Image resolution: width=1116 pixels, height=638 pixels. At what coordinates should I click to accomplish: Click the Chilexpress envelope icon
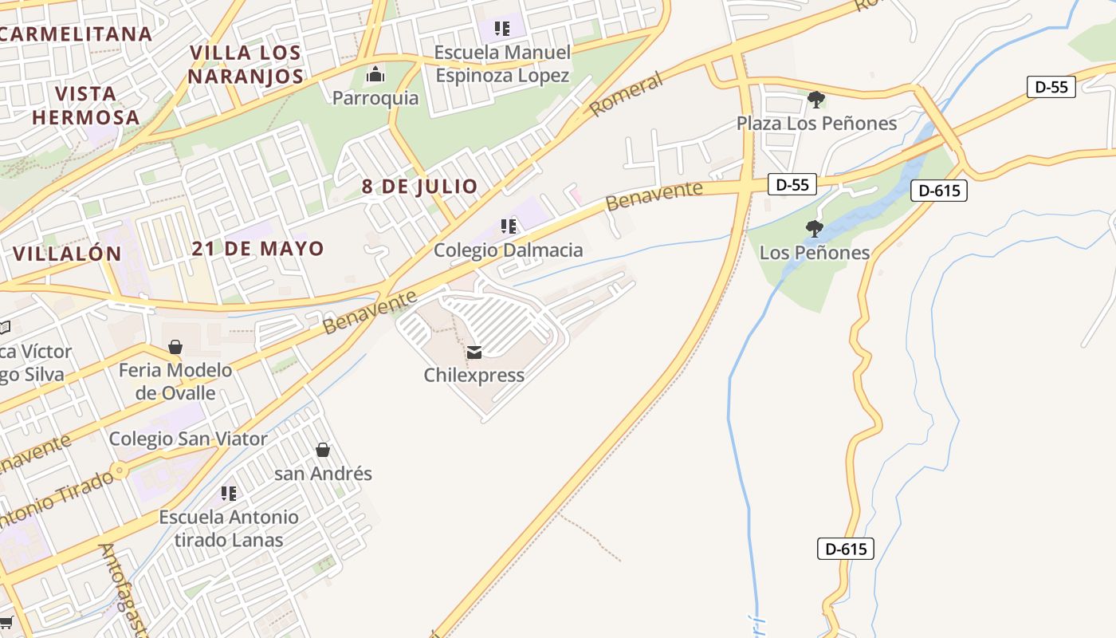[x=474, y=352]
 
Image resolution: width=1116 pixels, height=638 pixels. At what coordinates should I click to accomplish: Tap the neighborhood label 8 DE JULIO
[x=419, y=187]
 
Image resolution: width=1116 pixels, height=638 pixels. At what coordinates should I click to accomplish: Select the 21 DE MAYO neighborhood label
[x=257, y=248]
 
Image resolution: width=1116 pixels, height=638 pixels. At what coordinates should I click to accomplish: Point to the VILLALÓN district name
[x=67, y=254]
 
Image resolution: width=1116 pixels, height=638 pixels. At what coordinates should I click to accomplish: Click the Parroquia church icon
[x=375, y=76]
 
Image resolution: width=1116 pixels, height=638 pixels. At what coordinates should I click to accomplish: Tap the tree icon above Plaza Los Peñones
[x=815, y=100]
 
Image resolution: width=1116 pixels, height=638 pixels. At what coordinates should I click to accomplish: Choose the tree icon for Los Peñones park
[x=814, y=229]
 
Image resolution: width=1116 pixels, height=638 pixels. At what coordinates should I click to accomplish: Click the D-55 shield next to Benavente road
[x=792, y=185]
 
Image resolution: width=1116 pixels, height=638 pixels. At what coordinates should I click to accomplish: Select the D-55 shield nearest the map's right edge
[x=1051, y=87]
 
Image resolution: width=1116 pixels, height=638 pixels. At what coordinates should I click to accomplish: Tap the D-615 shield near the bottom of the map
[x=845, y=549]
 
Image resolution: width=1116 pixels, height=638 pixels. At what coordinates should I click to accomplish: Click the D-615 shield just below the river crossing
[x=938, y=191]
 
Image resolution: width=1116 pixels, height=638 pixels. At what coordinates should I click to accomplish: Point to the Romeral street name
[x=627, y=94]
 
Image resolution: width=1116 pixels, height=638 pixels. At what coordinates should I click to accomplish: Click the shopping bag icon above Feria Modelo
[x=175, y=347]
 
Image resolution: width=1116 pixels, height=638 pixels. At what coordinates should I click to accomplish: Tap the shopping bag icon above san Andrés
[x=323, y=450]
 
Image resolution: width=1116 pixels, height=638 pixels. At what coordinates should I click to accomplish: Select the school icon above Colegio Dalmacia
[x=508, y=226]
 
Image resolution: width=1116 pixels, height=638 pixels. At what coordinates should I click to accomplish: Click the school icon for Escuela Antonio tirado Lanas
[x=229, y=494]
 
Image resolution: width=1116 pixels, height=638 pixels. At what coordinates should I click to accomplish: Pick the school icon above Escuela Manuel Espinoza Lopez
[x=501, y=30]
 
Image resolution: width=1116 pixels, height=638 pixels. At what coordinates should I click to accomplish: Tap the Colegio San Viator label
[x=188, y=439]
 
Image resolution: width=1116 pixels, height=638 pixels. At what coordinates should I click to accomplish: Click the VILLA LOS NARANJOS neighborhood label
[x=246, y=65]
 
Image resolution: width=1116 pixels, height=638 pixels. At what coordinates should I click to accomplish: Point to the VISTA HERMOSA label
[x=86, y=105]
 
